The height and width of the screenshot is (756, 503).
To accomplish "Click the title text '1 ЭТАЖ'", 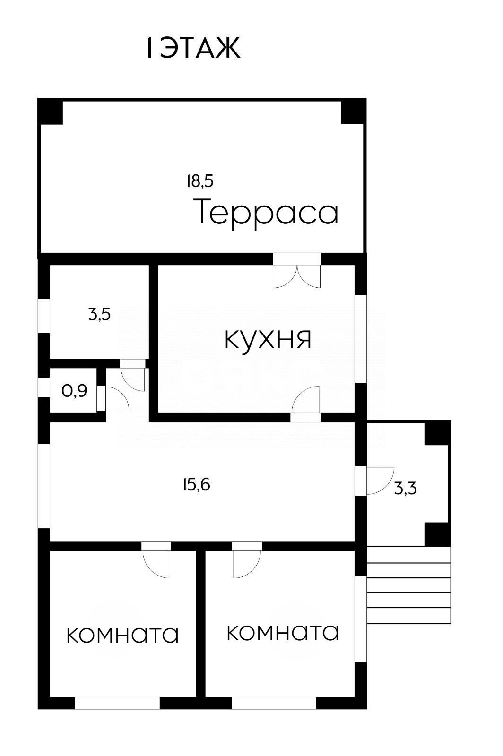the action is tap(193, 48).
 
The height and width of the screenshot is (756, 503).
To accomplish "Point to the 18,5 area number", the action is tap(200, 181).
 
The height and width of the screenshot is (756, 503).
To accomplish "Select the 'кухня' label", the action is tap(268, 339).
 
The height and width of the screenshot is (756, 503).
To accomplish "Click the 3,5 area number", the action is tap(100, 314).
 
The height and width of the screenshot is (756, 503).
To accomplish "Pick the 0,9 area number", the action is tap(75, 391).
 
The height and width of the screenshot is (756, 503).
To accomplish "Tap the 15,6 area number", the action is tap(197, 484).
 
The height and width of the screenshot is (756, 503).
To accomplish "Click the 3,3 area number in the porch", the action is tap(406, 488).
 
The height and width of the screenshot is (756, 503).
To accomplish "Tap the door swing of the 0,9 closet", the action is tap(117, 399).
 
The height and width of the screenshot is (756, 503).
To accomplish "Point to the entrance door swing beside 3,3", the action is tap(380, 481).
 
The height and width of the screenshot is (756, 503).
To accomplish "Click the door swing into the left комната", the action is tap(156, 564).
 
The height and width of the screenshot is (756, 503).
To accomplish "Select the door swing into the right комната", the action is tap(247, 564).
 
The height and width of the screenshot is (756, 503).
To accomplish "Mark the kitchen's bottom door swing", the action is tap(305, 399).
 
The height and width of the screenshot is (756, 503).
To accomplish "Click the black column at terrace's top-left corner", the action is tap(50, 112).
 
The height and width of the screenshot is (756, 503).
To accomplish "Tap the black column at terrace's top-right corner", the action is tap(354, 112).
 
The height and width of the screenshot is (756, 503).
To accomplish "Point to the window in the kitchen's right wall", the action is tap(361, 339).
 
